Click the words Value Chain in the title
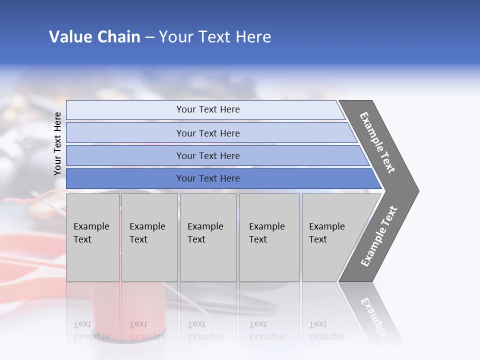[x=94, y=37]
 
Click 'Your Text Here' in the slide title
[x=215, y=37]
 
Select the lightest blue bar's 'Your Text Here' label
[x=208, y=109]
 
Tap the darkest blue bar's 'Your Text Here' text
[x=208, y=178]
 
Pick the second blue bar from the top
[x=208, y=133]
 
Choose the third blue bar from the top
[x=208, y=155]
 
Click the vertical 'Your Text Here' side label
[x=57, y=143]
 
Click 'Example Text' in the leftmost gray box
[x=91, y=233]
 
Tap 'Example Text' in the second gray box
[x=147, y=233]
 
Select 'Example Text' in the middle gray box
[x=205, y=233]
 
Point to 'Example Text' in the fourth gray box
[x=266, y=233]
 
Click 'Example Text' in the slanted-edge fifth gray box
[x=326, y=233]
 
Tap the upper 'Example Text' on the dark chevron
[x=377, y=142]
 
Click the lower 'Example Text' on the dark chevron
[x=379, y=236]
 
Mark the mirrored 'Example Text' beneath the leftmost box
[x=91, y=330]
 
